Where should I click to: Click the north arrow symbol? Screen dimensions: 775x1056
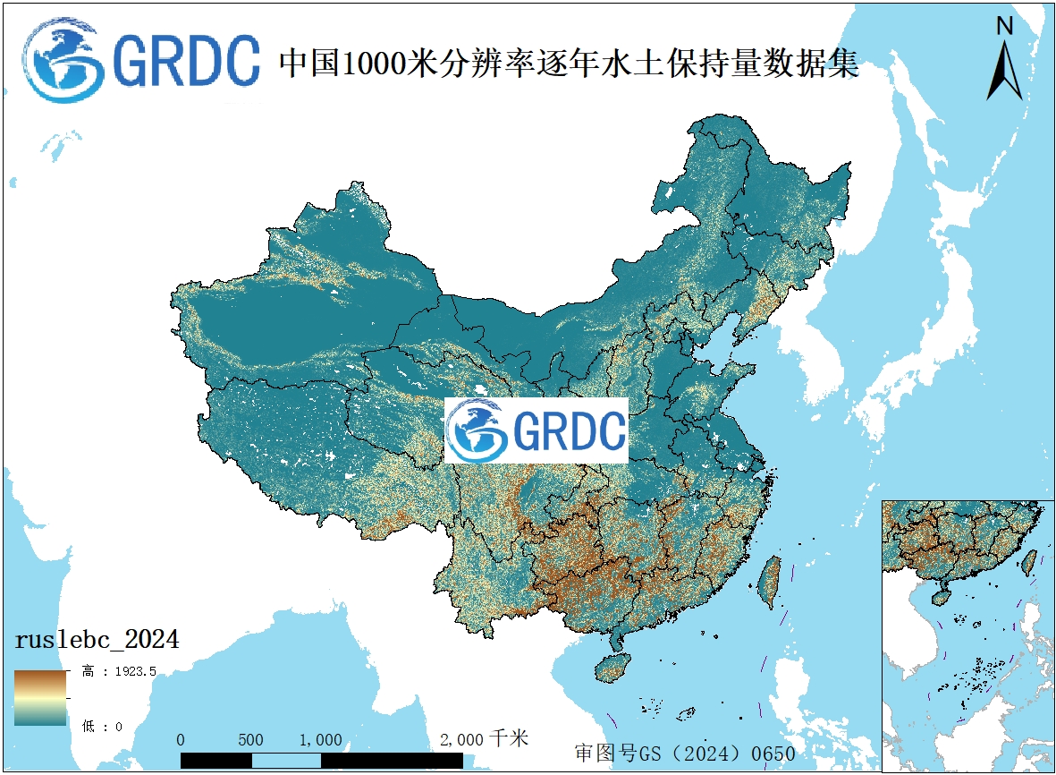click(1004, 72)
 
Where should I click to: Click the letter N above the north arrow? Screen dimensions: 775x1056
click(1004, 26)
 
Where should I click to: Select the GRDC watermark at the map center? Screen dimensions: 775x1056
click(536, 430)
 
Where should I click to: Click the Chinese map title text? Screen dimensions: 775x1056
click(569, 63)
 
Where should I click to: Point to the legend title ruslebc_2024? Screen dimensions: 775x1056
click(97, 640)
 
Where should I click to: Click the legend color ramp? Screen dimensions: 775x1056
click(39, 697)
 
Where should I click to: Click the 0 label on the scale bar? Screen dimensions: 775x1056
click(181, 740)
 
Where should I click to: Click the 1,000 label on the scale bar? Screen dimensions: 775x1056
click(320, 740)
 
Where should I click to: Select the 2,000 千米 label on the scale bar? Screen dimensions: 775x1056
click(484, 739)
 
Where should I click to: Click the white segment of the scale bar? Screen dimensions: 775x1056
click(285, 760)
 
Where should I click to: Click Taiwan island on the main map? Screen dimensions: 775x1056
click(767, 580)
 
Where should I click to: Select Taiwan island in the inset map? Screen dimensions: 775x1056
click(1029, 562)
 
